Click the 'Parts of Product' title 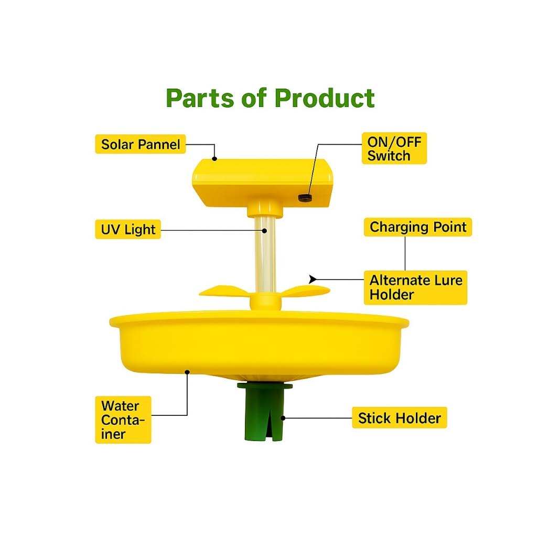[x=270, y=98]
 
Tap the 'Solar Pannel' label [x=141, y=144]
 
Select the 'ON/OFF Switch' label [x=394, y=148]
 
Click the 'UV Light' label [x=128, y=229]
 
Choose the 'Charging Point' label [x=418, y=227]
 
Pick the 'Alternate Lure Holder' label [x=415, y=287]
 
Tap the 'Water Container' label [x=123, y=420]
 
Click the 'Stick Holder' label [x=399, y=418]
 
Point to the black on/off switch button [x=305, y=198]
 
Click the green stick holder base [x=264, y=411]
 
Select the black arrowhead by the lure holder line [x=313, y=280]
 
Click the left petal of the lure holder [x=224, y=291]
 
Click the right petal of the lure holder [x=305, y=291]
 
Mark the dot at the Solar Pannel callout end [x=214, y=158]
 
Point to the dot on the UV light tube [x=264, y=231]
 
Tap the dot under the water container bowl [x=187, y=372]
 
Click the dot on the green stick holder [x=283, y=418]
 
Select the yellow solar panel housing [x=262, y=183]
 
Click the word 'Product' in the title [x=324, y=98]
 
